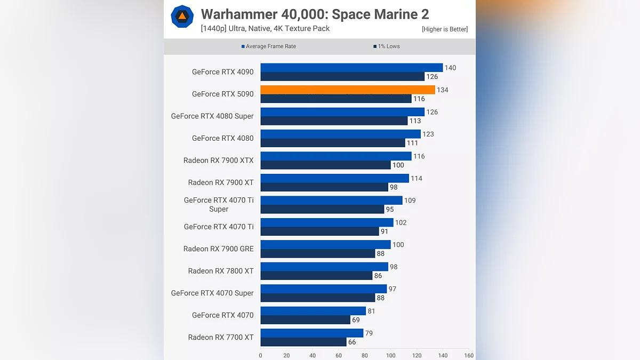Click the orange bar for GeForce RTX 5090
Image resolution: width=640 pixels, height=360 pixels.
[x=347, y=90]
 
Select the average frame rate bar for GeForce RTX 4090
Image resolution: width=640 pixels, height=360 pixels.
[x=351, y=68]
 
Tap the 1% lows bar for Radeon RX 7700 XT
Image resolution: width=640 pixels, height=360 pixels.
[x=303, y=342]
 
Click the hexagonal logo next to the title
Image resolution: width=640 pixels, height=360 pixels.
[x=182, y=17]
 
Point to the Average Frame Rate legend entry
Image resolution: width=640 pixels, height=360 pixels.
[x=269, y=46]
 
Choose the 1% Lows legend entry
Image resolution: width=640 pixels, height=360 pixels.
[x=387, y=46]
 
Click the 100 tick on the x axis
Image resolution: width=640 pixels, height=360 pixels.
[x=391, y=355]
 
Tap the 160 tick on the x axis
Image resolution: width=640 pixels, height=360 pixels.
[x=469, y=355]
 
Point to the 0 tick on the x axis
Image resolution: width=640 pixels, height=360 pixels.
[x=260, y=355]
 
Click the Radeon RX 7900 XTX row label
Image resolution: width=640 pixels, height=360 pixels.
[x=218, y=161]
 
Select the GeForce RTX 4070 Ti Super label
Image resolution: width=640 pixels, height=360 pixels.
[x=219, y=205]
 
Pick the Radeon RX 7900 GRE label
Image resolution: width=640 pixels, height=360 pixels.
[x=218, y=249]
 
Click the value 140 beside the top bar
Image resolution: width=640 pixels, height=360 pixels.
[x=450, y=68]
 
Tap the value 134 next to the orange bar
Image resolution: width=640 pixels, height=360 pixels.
[x=442, y=90]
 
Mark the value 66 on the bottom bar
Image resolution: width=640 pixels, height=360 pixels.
[x=352, y=342]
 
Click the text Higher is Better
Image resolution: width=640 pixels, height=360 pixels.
[x=444, y=29]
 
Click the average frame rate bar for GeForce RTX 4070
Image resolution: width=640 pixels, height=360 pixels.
[x=313, y=311]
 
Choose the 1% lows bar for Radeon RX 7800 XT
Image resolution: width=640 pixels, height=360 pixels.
[x=316, y=276]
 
